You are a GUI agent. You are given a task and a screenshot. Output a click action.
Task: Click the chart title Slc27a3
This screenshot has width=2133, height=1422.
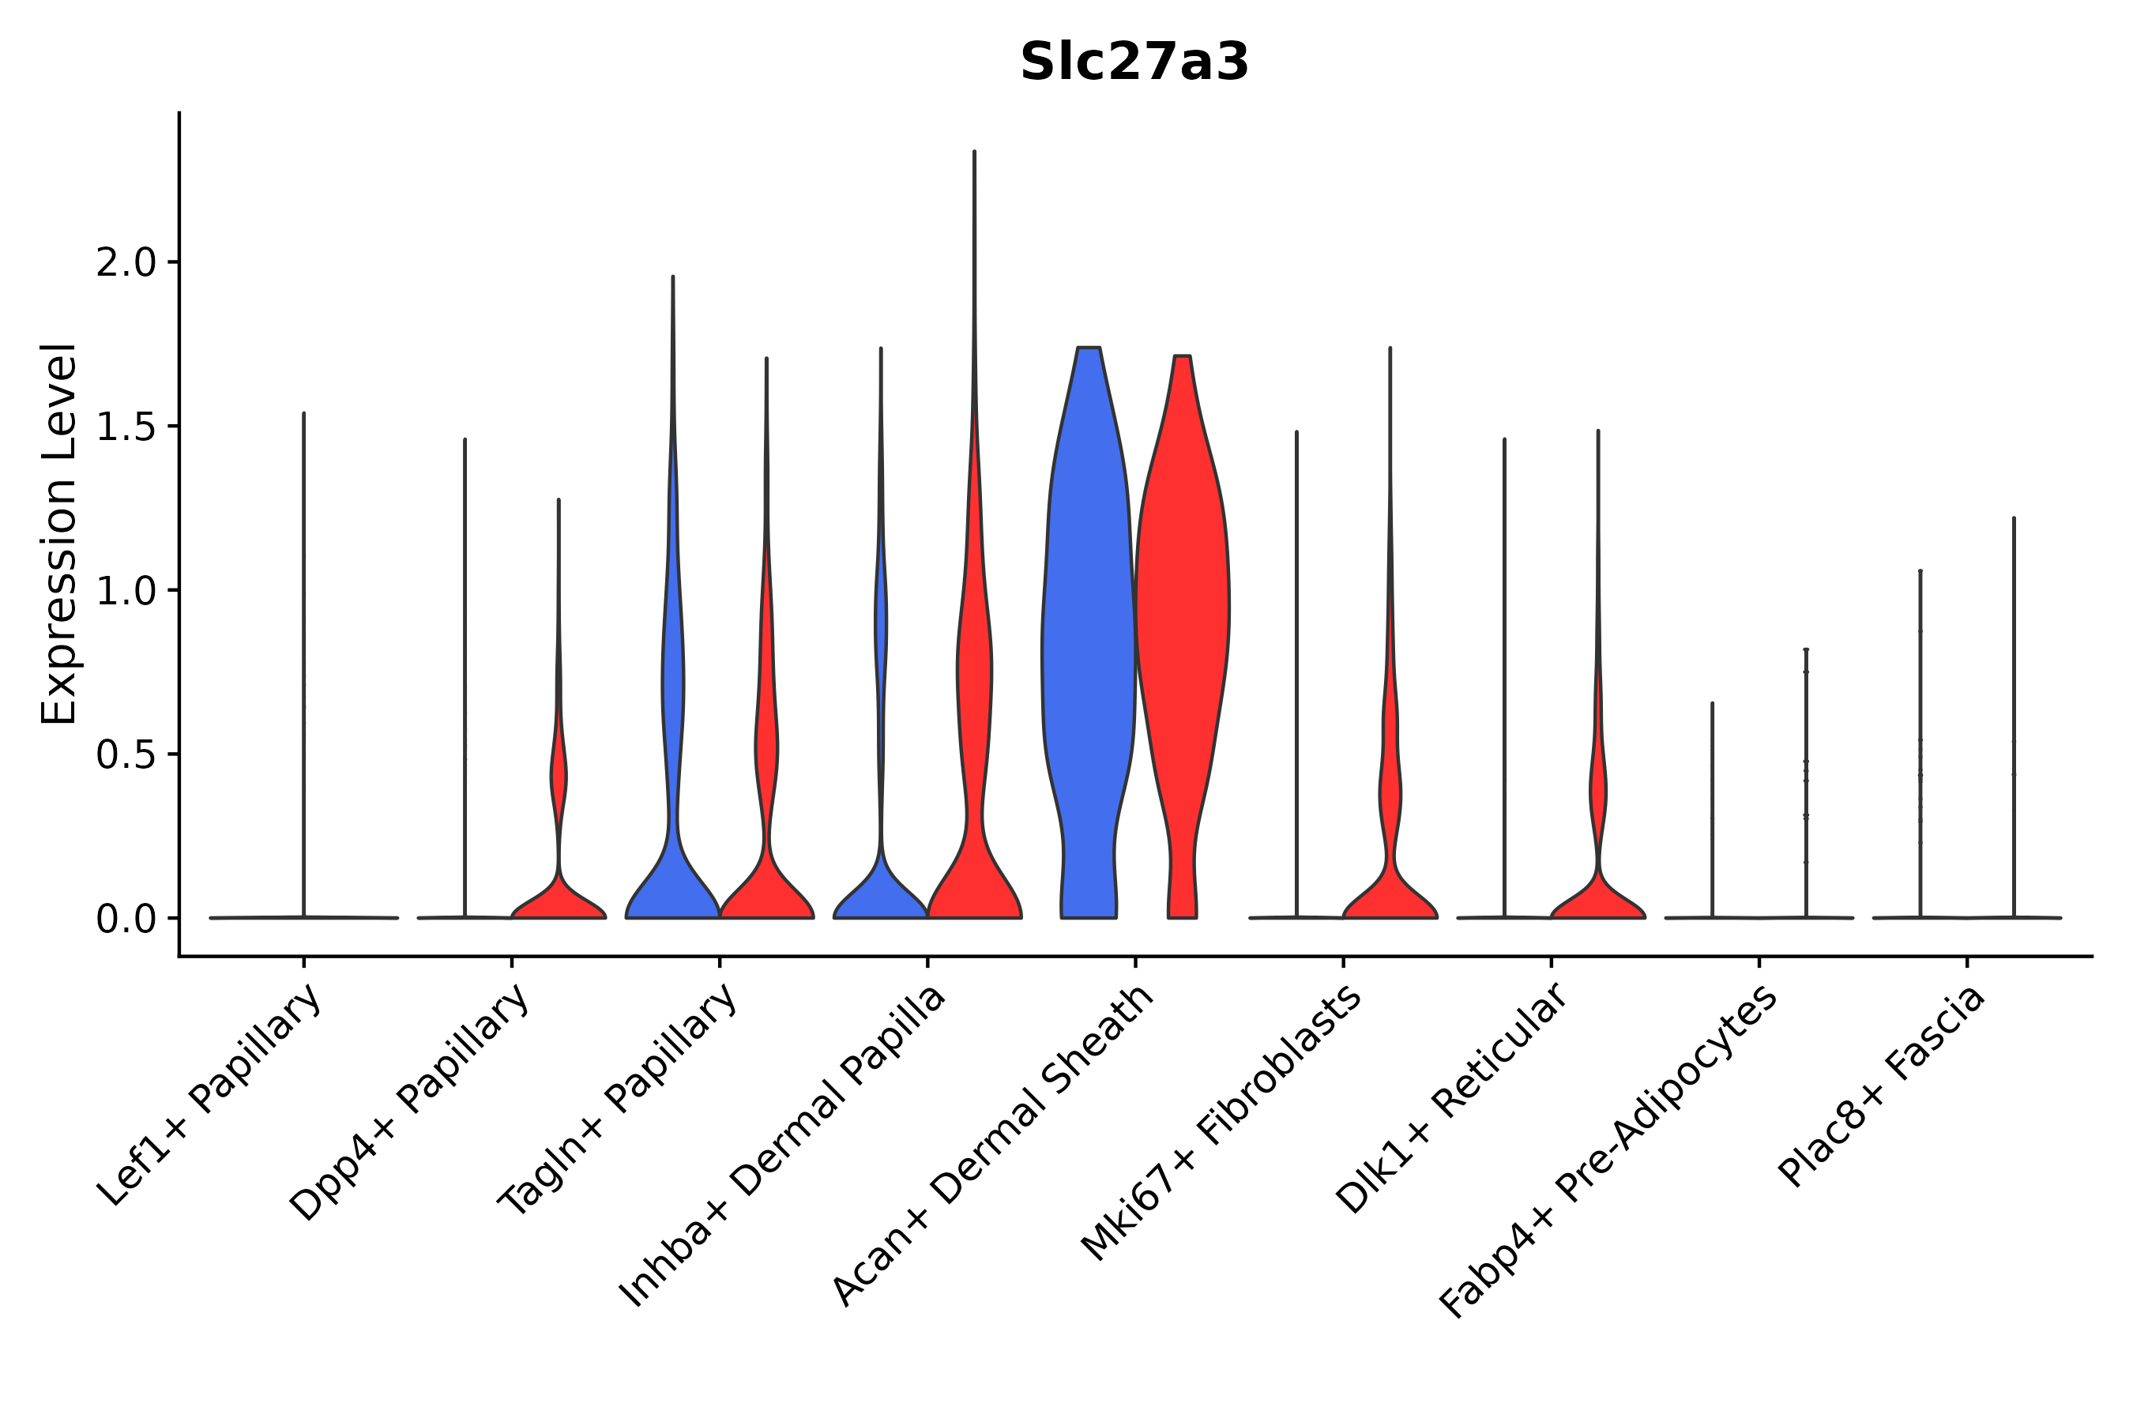[x=1134, y=62]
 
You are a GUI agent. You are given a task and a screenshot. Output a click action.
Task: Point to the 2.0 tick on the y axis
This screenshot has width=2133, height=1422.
[x=126, y=263]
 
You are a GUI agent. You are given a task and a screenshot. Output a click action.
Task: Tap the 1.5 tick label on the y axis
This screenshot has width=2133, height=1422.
[x=126, y=427]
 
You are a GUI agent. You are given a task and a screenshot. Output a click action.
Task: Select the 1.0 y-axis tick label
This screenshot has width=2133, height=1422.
[x=126, y=591]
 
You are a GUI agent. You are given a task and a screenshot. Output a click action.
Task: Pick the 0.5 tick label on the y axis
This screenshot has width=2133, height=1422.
[x=126, y=755]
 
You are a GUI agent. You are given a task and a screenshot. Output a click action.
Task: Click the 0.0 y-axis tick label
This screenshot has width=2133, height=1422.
[x=126, y=920]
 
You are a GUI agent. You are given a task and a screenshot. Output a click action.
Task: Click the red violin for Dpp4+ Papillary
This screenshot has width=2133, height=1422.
[x=559, y=897]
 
